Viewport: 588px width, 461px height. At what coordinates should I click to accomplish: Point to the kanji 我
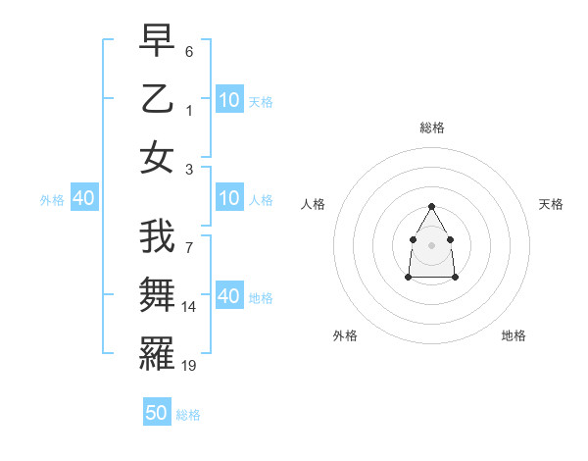(x=157, y=237)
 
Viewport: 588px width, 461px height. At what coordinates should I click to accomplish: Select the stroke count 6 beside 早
(x=189, y=50)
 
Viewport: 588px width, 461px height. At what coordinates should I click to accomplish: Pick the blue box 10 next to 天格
(x=229, y=100)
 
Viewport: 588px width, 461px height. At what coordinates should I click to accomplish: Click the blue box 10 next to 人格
(x=229, y=199)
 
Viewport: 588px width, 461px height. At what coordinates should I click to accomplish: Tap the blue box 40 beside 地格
(x=229, y=296)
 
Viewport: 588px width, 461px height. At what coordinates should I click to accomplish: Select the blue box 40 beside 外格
(x=83, y=199)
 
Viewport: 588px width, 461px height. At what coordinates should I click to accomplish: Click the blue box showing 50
(x=157, y=413)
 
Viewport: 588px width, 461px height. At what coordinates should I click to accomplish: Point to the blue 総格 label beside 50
(x=188, y=415)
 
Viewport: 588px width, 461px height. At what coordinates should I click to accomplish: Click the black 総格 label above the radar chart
(x=432, y=128)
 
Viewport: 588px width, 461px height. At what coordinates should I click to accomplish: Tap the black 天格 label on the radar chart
(x=551, y=204)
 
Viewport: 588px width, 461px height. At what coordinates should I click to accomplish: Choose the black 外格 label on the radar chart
(x=345, y=335)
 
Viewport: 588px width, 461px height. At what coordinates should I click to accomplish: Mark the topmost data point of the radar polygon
(x=432, y=206)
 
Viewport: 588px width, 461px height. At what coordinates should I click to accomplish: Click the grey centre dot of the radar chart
(x=432, y=243)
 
